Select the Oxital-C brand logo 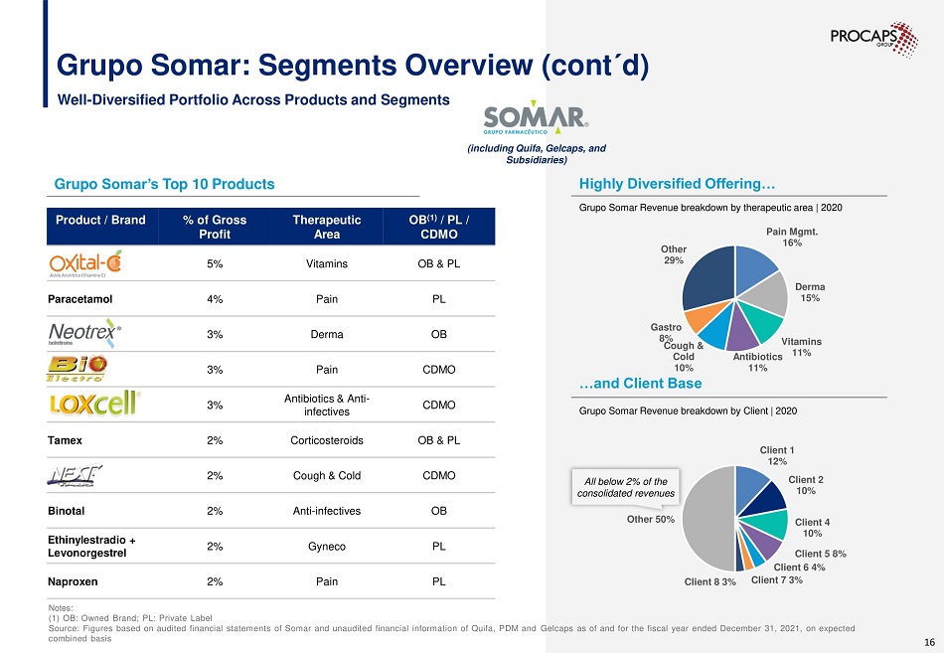pos(85,264)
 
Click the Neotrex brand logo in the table pos(85,334)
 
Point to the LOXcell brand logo pos(95,405)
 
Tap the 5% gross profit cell pos(215,264)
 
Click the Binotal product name pos(72,511)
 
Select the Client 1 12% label pos(777,456)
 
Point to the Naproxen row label pos(76,581)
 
